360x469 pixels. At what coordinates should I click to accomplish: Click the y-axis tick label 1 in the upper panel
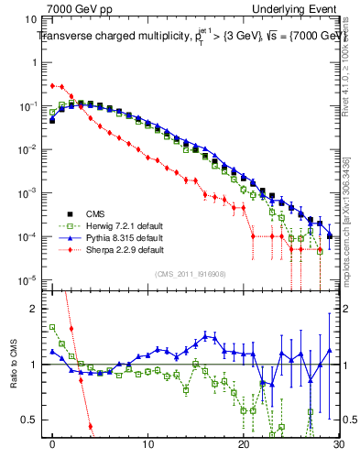[36, 63]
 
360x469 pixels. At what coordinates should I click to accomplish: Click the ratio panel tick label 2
[36, 309]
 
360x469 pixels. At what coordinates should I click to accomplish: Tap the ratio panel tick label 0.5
[32, 420]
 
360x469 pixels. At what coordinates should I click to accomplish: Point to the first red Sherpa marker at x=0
[53, 85]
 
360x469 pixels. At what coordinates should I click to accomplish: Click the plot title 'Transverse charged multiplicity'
[110, 38]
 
